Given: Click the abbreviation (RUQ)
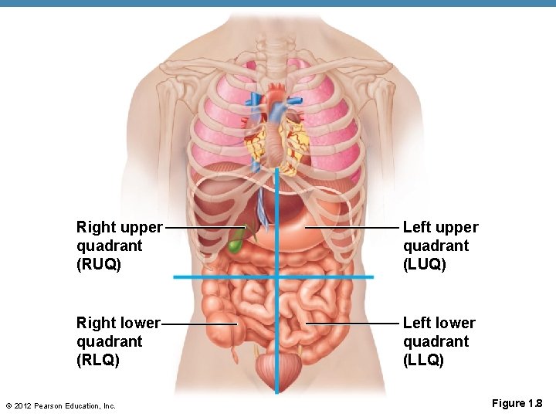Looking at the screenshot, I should (x=99, y=264).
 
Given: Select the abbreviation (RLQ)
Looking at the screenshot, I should (x=98, y=360).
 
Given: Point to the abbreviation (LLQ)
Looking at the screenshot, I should (x=424, y=360).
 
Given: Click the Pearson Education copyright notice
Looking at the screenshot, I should (x=60, y=405).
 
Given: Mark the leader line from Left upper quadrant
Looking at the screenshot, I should (x=351, y=228).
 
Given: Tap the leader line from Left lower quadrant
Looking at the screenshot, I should (x=351, y=323).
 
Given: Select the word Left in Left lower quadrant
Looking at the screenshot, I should (x=418, y=323).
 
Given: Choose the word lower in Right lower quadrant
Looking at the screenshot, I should (x=140, y=323).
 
